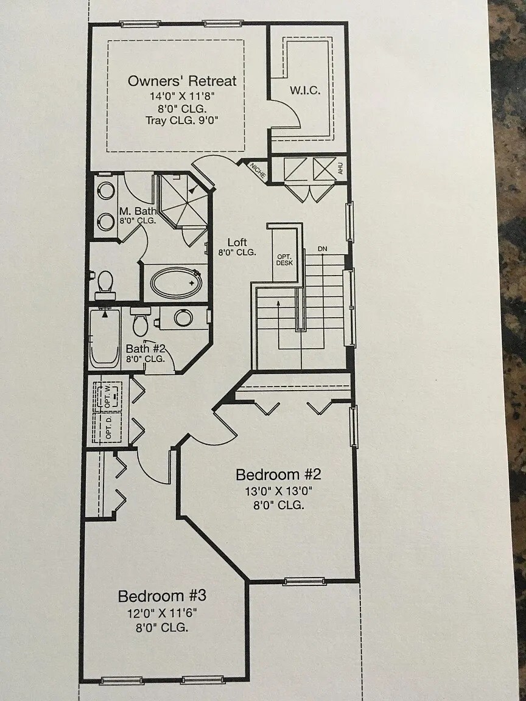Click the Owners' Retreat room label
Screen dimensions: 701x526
pyautogui.click(x=182, y=81)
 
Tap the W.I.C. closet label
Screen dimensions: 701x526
pyautogui.click(x=305, y=91)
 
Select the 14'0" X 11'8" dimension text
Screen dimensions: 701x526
pyautogui.click(x=183, y=96)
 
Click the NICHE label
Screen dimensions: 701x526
pyautogui.click(x=257, y=170)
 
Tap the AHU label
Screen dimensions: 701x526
pyautogui.click(x=340, y=169)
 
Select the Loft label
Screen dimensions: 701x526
pyautogui.click(x=237, y=242)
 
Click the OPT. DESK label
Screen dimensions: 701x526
pyautogui.click(x=284, y=260)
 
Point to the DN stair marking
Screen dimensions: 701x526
pyautogui.click(x=323, y=249)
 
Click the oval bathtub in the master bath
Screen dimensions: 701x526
pyautogui.click(x=175, y=283)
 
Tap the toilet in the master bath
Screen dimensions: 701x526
pyautogui.click(x=105, y=284)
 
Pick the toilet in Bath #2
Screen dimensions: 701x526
pyautogui.click(x=140, y=321)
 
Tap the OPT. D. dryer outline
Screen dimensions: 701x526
pyautogui.click(x=108, y=428)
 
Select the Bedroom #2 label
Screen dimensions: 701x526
pyautogui.click(x=278, y=475)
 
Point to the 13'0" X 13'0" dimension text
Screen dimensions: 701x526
pyautogui.click(x=278, y=490)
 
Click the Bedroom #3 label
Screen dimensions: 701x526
pyautogui.click(x=158, y=596)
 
